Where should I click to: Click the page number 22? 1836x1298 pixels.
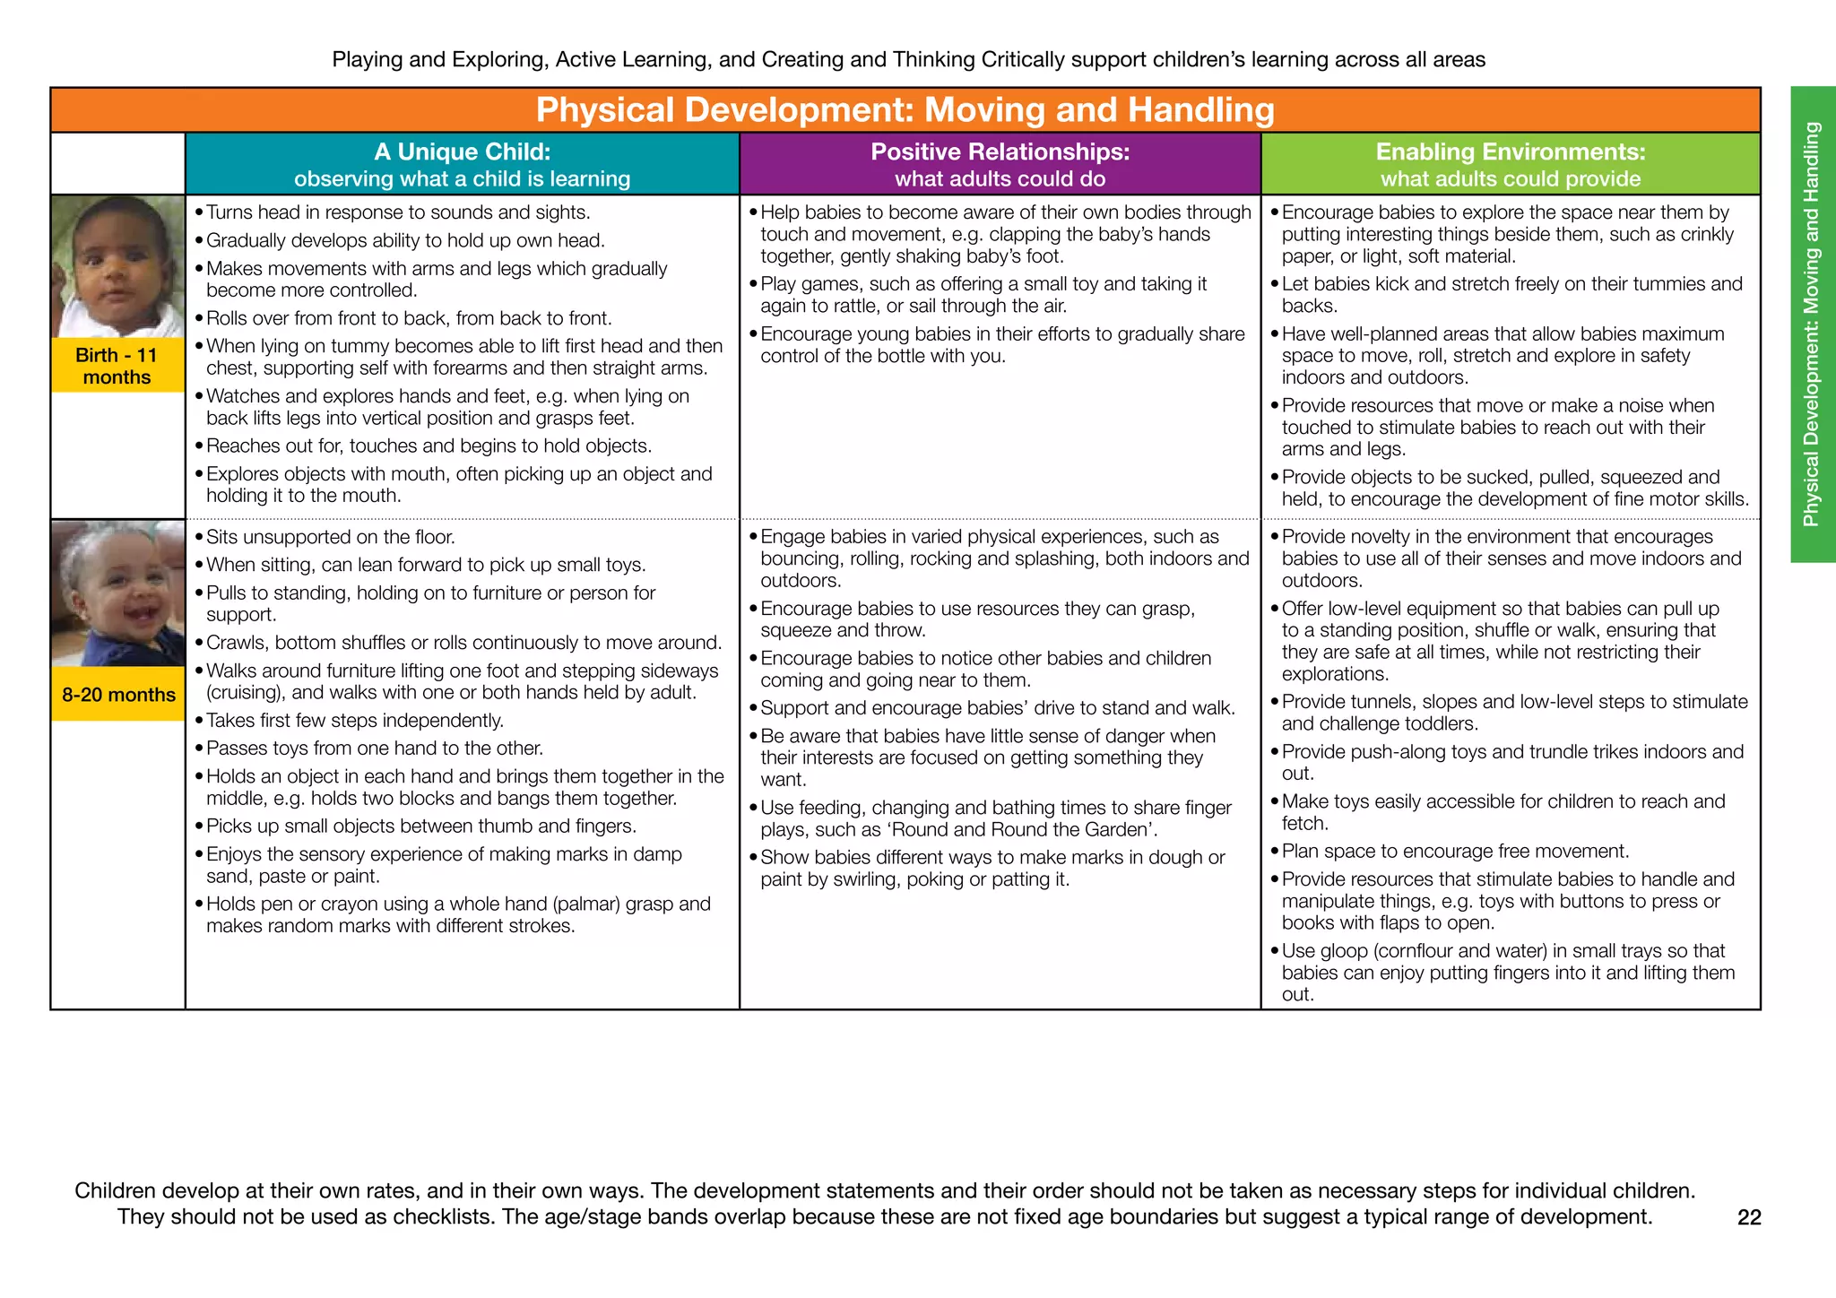1749,1217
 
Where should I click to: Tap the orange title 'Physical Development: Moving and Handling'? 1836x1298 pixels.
905,110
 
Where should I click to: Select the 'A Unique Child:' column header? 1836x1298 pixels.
462,152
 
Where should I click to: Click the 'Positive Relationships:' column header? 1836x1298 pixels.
1000,152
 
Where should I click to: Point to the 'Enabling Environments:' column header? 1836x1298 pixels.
1511,152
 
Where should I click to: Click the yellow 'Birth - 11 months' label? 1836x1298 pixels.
117,366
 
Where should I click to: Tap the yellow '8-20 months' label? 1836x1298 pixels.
118,695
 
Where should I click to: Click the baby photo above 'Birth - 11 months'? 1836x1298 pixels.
117,267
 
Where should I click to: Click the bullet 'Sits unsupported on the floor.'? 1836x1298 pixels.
330,537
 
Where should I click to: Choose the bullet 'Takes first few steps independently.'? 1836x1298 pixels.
354,721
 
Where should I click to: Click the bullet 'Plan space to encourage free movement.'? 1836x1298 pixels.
1455,852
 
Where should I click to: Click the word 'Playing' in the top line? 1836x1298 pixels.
365,60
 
